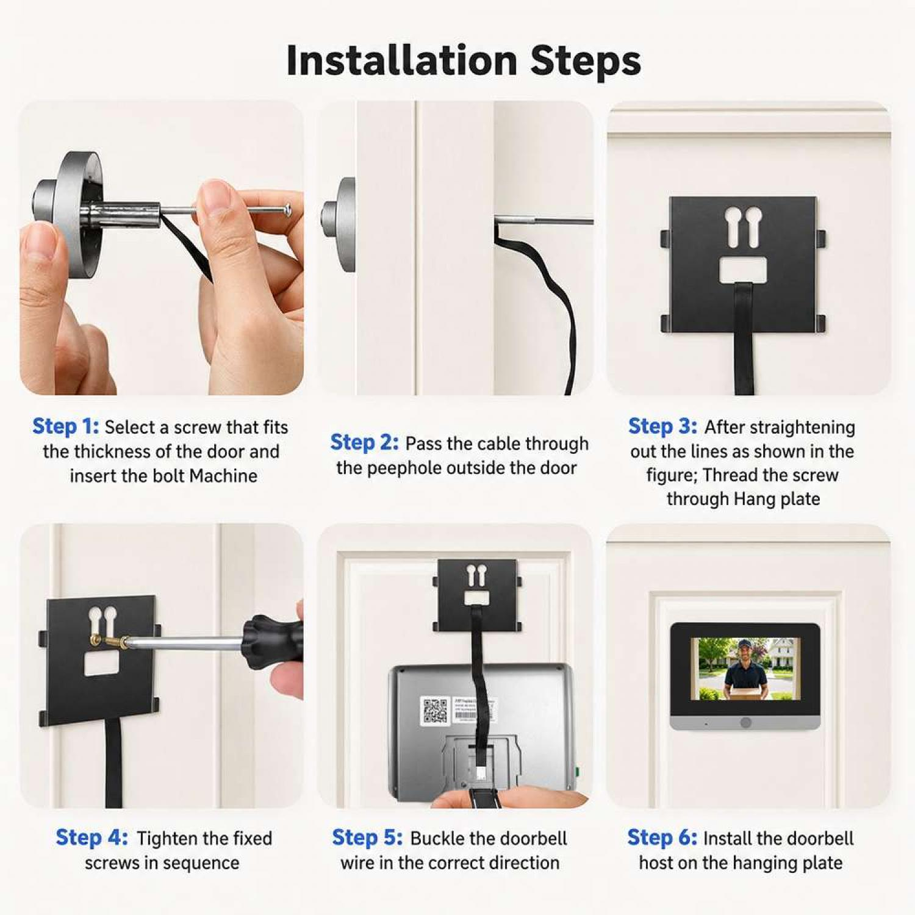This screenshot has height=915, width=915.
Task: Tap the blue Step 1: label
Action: tap(65, 426)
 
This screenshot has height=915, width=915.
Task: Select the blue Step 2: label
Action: tap(364, 442)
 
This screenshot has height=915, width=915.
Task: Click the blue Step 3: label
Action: tap(662, 426)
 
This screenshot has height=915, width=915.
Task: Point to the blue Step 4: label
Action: tap(91, 838)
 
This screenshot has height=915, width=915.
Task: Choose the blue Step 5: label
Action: tap(367, 838)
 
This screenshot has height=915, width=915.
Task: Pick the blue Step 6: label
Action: tap(662, 838)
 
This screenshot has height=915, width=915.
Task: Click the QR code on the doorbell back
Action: tap(435, 711)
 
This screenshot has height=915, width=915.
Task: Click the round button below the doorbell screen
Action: tap(745, 723)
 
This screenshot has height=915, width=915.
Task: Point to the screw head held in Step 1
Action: tap(287, 210)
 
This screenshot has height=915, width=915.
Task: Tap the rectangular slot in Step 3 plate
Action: tap(743, 270)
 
